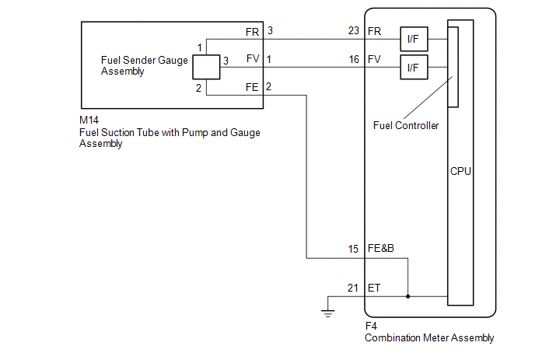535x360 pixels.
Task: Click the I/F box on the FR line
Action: coord(414,39)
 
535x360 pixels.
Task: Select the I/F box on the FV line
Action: coord(414,67)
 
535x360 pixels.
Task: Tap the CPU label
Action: coord(460,171)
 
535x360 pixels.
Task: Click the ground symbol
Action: coord(328,313)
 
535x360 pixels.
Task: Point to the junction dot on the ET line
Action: coord(407,296)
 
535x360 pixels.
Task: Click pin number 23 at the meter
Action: coord(354,30)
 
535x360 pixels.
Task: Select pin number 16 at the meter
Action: coord(354,59)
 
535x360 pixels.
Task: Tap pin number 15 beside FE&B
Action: coord(353,249)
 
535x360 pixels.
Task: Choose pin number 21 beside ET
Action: coord(353,288)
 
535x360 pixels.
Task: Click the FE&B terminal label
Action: coord(381,248)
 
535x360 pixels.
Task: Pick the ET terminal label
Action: coord(374,288)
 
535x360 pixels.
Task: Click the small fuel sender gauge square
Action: coord(206,67)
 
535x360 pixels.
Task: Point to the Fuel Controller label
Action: coord(406,126)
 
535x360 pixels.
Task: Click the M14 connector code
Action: coord(89,120)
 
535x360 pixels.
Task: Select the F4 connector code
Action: coord(371,327)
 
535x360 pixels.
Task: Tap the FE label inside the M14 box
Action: coord(252,87)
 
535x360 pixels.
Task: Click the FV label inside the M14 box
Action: coord(253,58)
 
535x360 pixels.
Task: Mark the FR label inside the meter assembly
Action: coord(374,31)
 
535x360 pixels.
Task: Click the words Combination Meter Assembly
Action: coord(429,337)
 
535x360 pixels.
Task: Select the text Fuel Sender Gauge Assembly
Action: coord(145,65)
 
